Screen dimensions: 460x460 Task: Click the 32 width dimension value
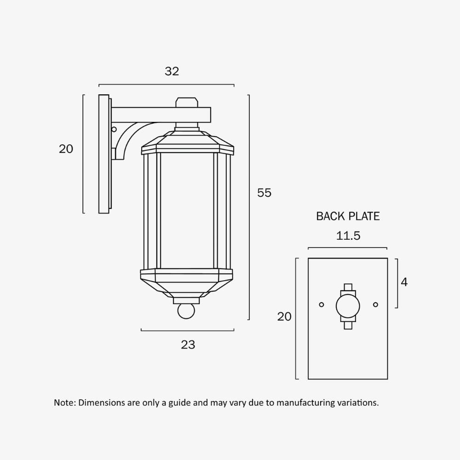(x=172, y=71)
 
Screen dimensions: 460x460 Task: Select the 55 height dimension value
(x=264, y=193)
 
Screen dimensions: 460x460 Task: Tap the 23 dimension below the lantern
(x=188, y=345)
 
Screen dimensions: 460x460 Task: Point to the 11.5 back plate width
(x=348, y=236)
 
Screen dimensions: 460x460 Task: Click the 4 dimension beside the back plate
(x=404, y=282)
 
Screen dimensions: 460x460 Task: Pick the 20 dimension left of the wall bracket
(x=66, y=149)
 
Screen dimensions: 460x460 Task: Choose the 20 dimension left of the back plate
(x=284, y=316)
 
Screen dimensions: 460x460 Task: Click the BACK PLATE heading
(x=348, y=216)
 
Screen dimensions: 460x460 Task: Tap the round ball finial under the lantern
(x=186, y=311)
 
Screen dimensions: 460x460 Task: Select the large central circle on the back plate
(x=348, y=306)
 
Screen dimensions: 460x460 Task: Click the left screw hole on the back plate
(x=322, y=305)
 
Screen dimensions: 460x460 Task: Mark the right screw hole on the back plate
(x=375, y=305)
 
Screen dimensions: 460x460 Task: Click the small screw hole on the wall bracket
(x=114, y=129)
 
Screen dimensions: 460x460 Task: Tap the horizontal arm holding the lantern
(x=161, y=115)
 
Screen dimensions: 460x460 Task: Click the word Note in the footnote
(x=64, y=403)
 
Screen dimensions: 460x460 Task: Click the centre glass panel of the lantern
(x=187, y=209)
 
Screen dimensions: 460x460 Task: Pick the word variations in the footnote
(x=359, y=403)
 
